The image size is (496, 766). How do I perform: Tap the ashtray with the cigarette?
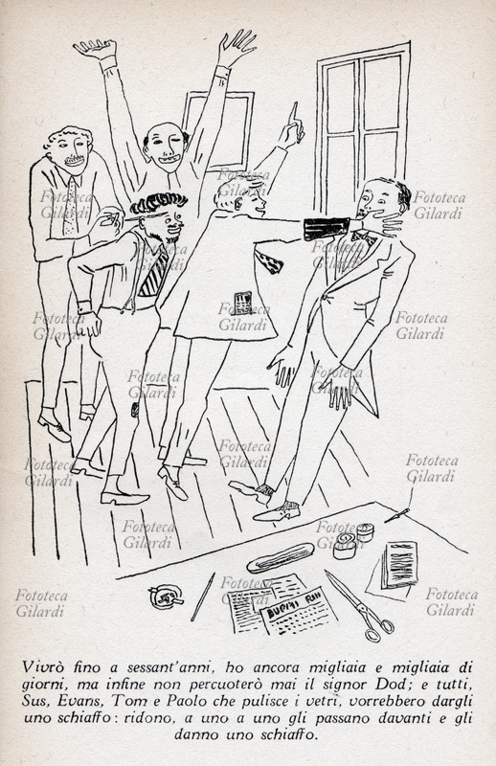(x=167, y=596)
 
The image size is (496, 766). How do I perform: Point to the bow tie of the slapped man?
(x=365, y=237)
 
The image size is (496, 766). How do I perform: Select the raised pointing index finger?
(x=294, y=113)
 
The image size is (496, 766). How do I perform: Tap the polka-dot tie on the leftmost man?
(x=72, y=205)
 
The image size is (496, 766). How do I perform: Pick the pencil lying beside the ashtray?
(x=202, y=597)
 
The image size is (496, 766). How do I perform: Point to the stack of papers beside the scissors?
(x=399, y=566)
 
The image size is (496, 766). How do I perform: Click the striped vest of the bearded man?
(x=153, y=275)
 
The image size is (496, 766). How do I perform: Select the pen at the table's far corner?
(x=396, y=515)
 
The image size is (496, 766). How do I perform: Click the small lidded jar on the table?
(x=365, y=531)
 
